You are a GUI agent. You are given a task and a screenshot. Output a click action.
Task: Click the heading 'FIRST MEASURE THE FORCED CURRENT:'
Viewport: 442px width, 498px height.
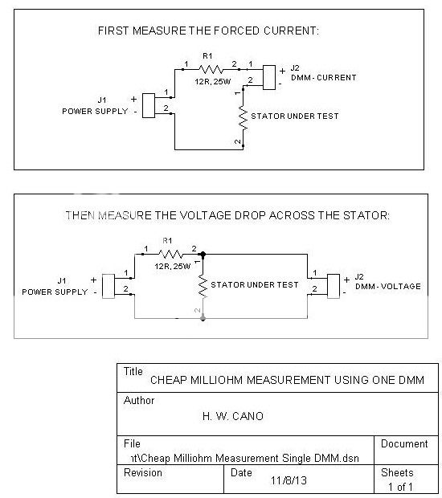tap(208, 31)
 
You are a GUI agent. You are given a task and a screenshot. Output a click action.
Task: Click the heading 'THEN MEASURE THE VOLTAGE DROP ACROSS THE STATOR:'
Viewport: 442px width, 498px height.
tap(227, 215)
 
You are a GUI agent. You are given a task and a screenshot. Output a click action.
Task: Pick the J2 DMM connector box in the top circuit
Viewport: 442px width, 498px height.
tap(268, 76)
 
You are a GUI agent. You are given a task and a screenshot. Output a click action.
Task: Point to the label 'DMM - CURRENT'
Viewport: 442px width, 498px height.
tap(323, 78)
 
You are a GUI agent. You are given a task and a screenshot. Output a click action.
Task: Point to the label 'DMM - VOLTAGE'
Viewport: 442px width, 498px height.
tap(387, 287)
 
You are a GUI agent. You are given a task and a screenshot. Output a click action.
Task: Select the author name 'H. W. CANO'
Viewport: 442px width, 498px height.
tap(233, 416)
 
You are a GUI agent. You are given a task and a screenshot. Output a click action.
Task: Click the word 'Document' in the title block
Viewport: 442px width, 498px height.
tap(404, 443)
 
